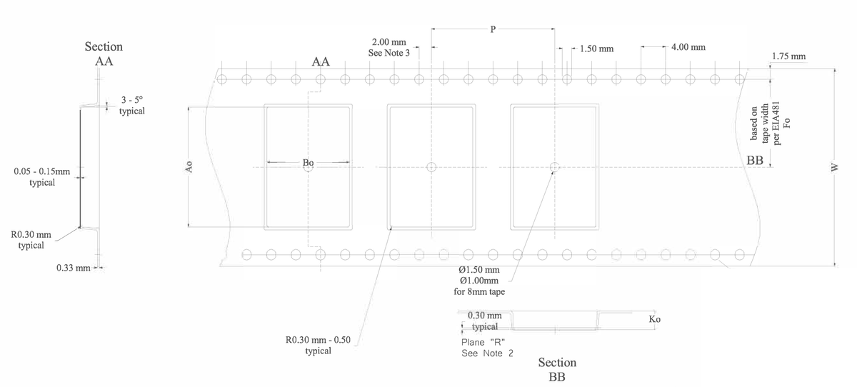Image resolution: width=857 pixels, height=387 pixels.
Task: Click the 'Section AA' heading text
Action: pyautogui.click(x=104, y=54)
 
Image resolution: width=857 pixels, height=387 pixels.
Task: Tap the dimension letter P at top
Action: pyautogui.click(x=493, y=29)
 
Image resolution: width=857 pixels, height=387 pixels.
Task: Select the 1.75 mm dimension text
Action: pyautogui.click(x=788, y=56)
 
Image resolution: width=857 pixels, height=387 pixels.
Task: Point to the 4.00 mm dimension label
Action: pyautogui.click(x=688, y=47)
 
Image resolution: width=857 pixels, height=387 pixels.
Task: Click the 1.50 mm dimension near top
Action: pyautogui.click(x=596, y=49)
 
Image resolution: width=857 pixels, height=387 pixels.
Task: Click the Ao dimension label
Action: pyautogui.click(x=189, y=167)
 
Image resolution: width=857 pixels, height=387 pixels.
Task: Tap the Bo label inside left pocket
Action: pyautogui.click(x=309, y=164)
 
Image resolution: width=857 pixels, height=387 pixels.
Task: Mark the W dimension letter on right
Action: pyautogui.click(x=833, y=167)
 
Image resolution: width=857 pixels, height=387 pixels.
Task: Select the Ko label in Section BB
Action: pyautogui.click(x=654, y=319)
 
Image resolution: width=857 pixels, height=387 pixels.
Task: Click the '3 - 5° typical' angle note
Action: pyautogui.click(x=132, y=106)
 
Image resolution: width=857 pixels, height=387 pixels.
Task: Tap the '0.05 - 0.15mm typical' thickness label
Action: pyautogui.click(x=42, y=176)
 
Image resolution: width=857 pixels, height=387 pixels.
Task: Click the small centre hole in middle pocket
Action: pyautogui.click(x=431, y=167)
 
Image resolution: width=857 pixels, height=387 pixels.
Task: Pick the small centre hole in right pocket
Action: pyautogui.click(x=554, y=167)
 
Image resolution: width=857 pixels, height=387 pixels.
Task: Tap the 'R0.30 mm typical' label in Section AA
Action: pyautogui.click(x=31, y=239)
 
